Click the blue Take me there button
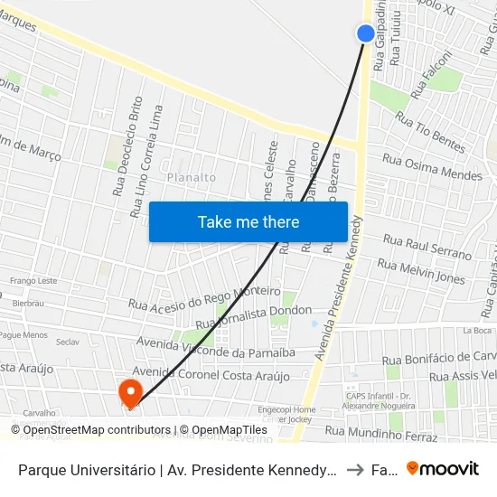(248, 222)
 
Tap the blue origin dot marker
(366, 34)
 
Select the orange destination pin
(130, 392)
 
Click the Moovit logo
(442, 469)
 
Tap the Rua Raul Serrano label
(427, 247)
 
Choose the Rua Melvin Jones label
(421, 271)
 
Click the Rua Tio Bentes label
(429, 132)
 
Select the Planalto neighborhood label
(192, 178)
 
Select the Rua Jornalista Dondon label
(254, 316)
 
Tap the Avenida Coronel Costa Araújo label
(211, 375)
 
